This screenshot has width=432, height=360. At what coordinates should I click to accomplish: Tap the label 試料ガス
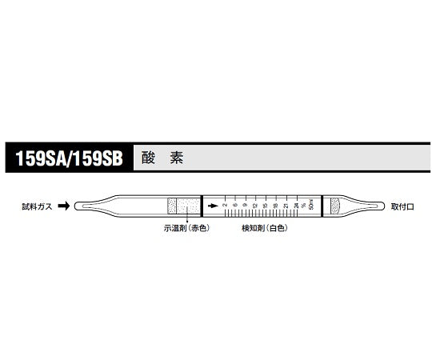pyautogui.click(x=38, y=206)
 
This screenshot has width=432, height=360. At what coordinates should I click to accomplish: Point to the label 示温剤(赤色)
pyautogui.click(x=185, y=228)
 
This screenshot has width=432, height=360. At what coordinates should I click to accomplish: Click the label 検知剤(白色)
pyautogui.click(x=264, y=228)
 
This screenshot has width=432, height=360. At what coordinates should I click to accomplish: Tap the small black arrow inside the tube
pyautogui.click(x=212, y=206)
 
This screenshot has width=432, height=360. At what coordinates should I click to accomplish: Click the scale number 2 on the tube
pyautogui.click(x=225, y=206)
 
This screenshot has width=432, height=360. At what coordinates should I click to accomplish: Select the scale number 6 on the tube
pyautogui.click(x=234, y=206)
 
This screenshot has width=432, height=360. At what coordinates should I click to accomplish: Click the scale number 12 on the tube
pyautogui.click(x=255, y=206)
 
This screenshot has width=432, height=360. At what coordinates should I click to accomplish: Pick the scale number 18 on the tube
pyautogui.click(x=276, y=206)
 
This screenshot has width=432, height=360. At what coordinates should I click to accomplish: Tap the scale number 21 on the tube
pyautogui.click(x=286, y=206)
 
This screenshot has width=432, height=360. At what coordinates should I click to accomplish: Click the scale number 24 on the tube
pyautogui.click(x=296, y=206)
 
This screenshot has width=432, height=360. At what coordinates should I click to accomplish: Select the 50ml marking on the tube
pyautogui.click(x=310, y=206)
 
